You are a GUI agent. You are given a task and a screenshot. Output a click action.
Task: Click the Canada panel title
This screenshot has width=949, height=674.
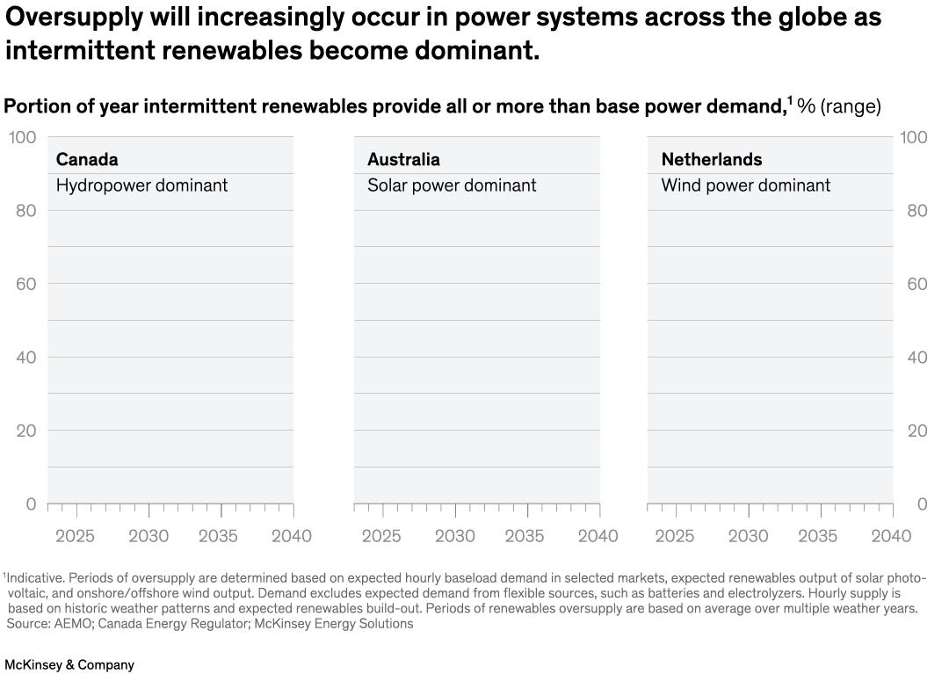[86, 159]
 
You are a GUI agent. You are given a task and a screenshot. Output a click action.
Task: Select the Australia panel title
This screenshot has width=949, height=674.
[403, 159]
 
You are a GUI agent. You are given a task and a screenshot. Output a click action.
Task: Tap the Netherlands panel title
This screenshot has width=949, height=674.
[711, 159]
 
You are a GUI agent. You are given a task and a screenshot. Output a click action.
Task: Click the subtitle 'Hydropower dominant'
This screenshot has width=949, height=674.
[141, 185]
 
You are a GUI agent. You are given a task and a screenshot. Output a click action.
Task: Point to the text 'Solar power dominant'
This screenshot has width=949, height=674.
[451, 185]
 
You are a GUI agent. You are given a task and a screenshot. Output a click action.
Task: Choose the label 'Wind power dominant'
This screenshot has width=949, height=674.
[745, 185]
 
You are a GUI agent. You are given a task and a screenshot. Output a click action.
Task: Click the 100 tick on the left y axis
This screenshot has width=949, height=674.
[22, 137]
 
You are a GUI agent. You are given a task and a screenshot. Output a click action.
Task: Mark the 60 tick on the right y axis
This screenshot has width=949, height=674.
[916, 284]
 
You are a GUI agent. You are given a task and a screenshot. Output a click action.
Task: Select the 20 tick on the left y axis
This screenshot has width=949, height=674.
[26, 431]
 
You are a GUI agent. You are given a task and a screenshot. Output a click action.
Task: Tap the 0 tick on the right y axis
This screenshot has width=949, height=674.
[922, 504]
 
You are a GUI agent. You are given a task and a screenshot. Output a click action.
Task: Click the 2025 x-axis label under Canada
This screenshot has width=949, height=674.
[75, 536]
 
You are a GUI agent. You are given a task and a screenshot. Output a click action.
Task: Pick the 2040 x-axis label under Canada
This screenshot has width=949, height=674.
[291, 536]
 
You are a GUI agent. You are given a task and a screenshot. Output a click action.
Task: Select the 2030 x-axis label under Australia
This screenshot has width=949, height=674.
[454, 536]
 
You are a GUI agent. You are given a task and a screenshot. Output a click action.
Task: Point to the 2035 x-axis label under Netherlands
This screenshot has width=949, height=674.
[817, 536]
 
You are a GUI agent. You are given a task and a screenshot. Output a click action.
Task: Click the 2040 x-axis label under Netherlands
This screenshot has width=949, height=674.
[890, 536]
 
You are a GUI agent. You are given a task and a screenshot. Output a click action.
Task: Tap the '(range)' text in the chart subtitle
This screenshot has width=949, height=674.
[850, 106]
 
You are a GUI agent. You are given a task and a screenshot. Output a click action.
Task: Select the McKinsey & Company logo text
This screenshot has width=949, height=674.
[69, 664]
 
